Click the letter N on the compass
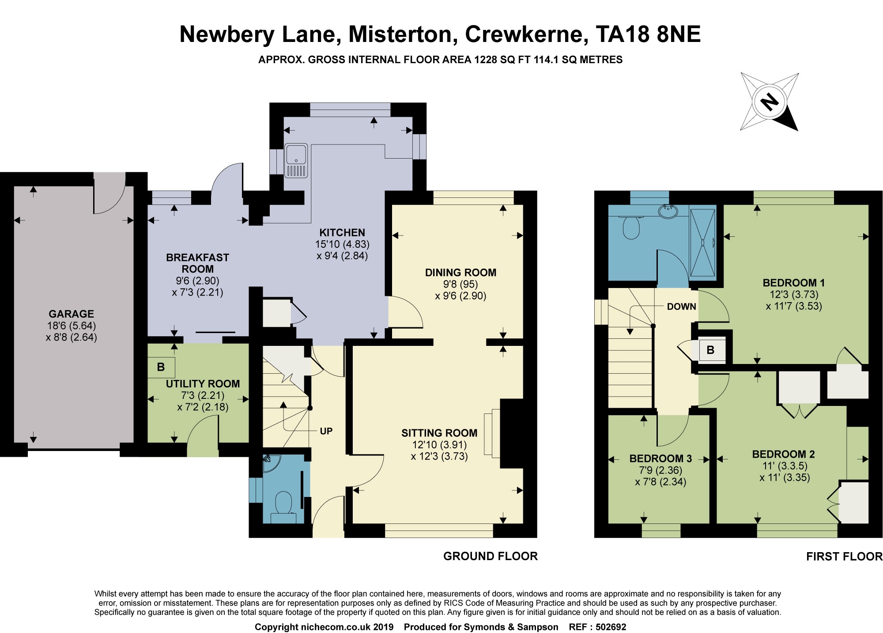pyautogui.click(x=770, y=102)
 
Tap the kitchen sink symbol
pyautogui.click(x=296, y=160)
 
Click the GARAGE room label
pyautogui.click(x=71, y=314)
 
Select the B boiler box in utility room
pyautogui.click(x=161, y=367)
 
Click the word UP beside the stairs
pyautogui.click(x=326, y=431)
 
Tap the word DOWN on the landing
pyautogui.click(x=681, y=307)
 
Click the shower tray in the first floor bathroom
pyautogui.click(x=702, y=243)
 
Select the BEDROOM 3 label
pyautogui.click(x=660, y=459)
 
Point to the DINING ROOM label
pyautogui.click(x=460, y=273)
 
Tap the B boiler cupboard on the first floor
pyautogui.click(x=710, y=350)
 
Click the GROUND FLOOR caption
pyautogui.click(x=490, y=556)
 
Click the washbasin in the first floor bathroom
pyautogui.click(x=668, y=212)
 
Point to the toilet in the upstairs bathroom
pyautogui.click(x=631, y=227)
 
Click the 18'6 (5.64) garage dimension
pyautogui.click(x=71, y=326)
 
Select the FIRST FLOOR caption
pyautogui.click(x=844, y=557)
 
